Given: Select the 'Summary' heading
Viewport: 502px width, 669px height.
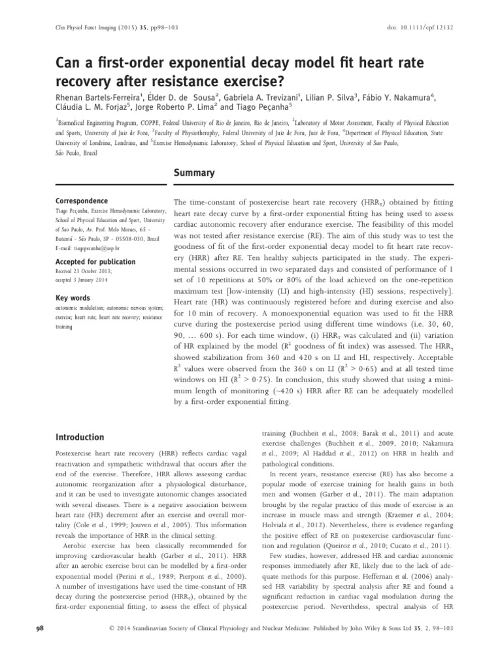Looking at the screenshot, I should pyautogui.click(x=193, y=173).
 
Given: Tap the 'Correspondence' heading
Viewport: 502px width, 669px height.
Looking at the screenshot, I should pyautogui.click(x=82, y=201).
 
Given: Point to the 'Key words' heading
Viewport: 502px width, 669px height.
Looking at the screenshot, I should pyautogui.click(x=71, y=298).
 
